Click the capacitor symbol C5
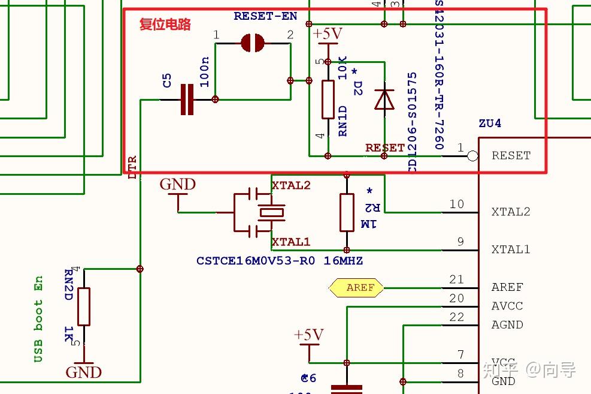[x=187, y=100]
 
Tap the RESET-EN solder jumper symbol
[x=253, y=43]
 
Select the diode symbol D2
[x=384, y=100]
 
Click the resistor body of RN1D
[x=328, y=100]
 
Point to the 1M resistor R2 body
[x=347, y=212]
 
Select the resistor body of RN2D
[x=84, y=306]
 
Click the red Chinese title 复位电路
[x=165, y=24]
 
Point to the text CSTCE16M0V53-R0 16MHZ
[x=279, y=261]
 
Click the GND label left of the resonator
[x=177, y=185]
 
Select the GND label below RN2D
[x=84, y=372]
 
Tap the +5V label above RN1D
[x=328, y=34]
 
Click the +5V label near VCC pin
[x=309, y=335]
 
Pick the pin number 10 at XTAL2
[x=456, y=204]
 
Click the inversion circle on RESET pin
[x=472, y=156]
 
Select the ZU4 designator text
[x=489, y=124]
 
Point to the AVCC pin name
[x=507, y=306]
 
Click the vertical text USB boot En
[x=38, y=319]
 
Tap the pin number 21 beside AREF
[x=456, y=279]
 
